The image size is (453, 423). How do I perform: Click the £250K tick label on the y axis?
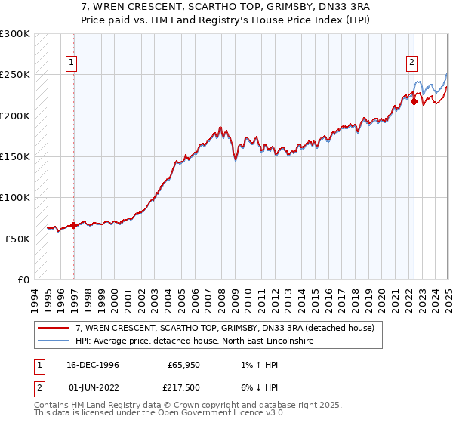pyautogui.click(x=15, y=75)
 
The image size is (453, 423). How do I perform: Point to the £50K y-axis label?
pyautogui.click(x=17, y=239)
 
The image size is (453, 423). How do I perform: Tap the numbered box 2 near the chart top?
pyautogui.click(x=412, y=63)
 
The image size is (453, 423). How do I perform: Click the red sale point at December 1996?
pyautogui.click(x=73, y=225)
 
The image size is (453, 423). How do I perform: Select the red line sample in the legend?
pyautogui.click(x=53, y=328)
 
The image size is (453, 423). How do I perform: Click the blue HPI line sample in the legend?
pyautogui.click(x=53, y=341)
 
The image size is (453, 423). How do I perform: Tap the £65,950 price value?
pyautogui.click(x=184, y=365)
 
